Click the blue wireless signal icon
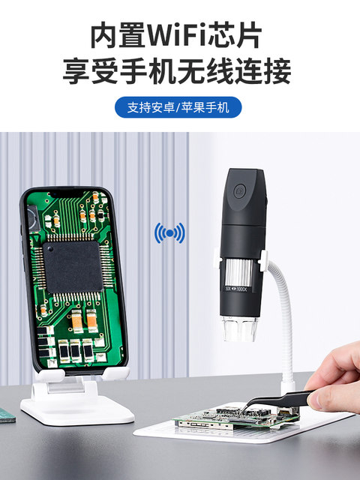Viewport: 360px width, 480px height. pyautogui.click(x=169, y=234)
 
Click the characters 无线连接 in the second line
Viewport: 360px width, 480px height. pyautogui.click(x=236, y=73)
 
